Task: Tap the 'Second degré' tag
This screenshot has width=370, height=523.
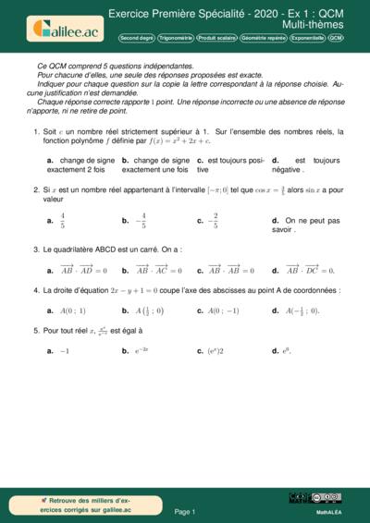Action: [136, 38]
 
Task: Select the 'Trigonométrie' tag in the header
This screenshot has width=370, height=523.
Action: [175, 38]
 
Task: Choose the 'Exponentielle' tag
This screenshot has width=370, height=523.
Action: [307, 38]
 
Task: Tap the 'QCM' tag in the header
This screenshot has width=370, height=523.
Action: [336, 38]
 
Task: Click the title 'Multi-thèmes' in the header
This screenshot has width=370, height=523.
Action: [314, 25]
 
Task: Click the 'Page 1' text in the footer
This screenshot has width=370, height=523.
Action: [184, 511]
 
